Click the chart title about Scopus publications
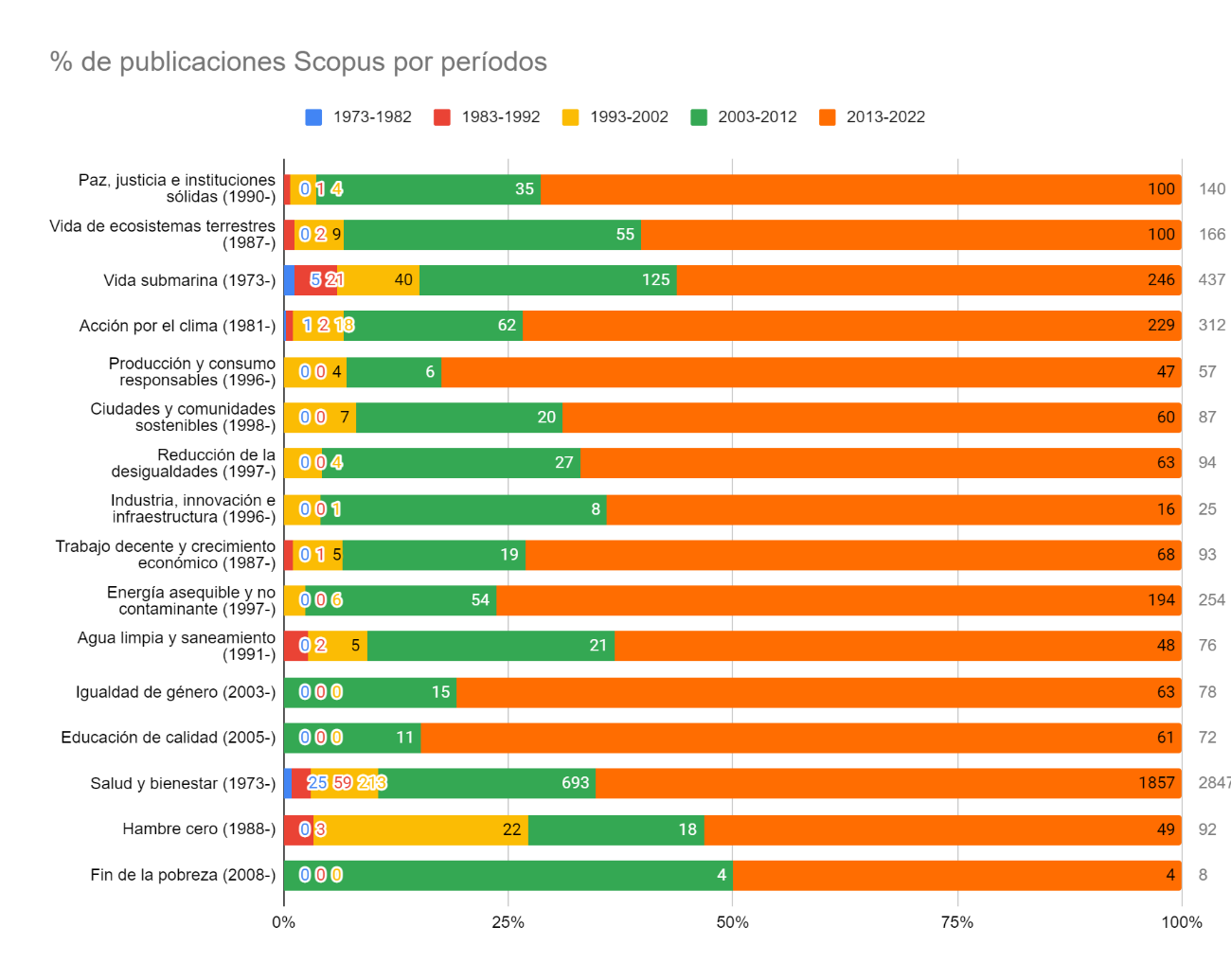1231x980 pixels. pyautogui.click(x=298, y=62)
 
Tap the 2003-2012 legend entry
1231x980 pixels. pyautogui.click(x=743, y=117)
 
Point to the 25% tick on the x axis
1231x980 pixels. pyautogui.click(x=508, y=922)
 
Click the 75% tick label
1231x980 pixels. pyautogui.click(x=956, y=922)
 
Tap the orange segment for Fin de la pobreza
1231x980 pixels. pyautogui.click(x=956, y=875)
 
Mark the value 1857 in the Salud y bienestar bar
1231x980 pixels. pyautogui.click(x=1156, y=783)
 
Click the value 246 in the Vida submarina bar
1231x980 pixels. pyautogui.click(x=1161, y=280)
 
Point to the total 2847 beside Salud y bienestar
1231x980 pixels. pyautogui.click(x=1213, y=783)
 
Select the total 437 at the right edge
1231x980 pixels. pyautogui.click(x=1211, y=280)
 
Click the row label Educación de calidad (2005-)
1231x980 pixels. pyautogui.click(x=169, y=738)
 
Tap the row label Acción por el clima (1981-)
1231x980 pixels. pyautogui.click(x=177, y=326)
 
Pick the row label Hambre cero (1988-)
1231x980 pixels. pyautogui.click(x=199, y=829)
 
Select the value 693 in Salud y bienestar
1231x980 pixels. pyautogui.click(x=575, y=783)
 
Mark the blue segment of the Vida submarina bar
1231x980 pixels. pyautogui.click(x=290, y=280)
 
